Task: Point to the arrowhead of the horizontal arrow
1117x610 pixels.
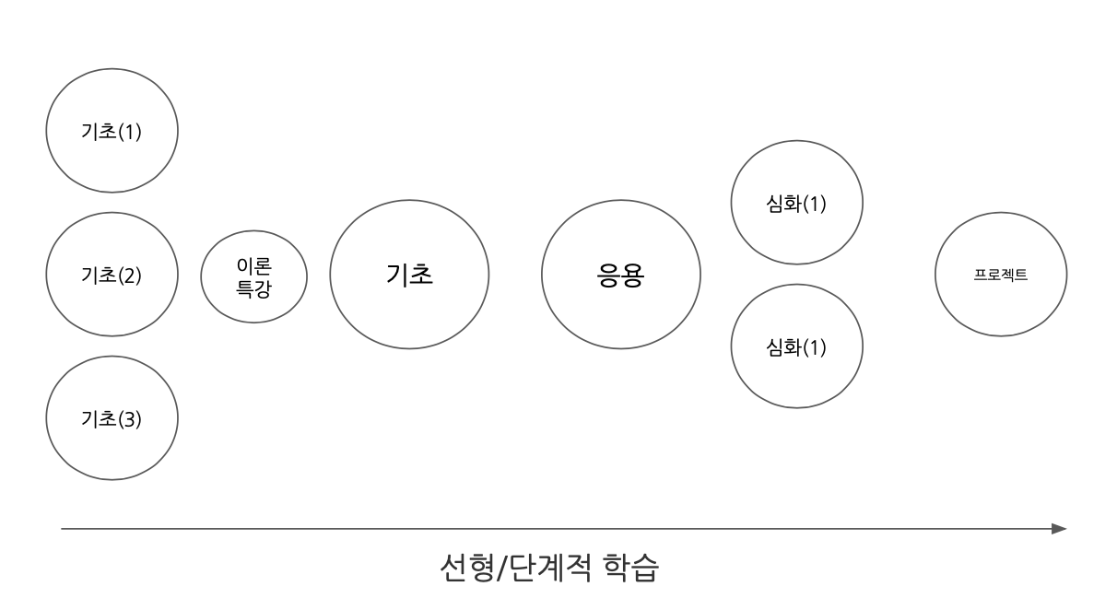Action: click(1066, 529)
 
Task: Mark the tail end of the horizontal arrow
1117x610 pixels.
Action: click(62, 529)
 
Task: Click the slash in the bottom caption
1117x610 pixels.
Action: click(502, 568)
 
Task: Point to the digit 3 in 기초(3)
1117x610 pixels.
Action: click(129, 419)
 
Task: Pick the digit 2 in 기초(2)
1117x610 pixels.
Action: click(129, 276)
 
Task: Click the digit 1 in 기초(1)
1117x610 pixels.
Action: click(130, 132)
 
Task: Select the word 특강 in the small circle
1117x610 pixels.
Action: click(253, 288)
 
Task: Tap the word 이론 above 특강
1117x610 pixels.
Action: click(253, 266)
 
